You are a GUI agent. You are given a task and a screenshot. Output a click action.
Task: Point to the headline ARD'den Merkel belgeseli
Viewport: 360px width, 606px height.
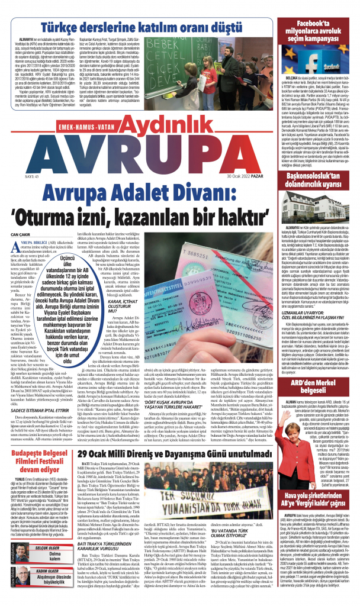[x=318, y=388]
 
